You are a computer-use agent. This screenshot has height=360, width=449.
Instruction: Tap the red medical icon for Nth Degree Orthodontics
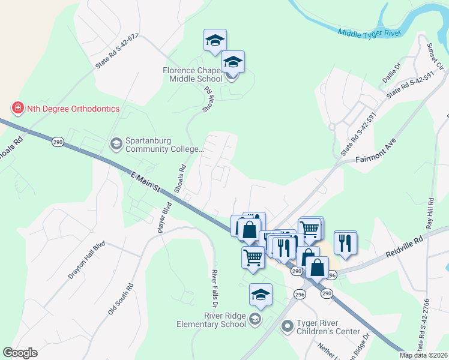tap(17, 109)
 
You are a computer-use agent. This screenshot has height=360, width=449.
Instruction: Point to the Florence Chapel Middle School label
tap(193, 74)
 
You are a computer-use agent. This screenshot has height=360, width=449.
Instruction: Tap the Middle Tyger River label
tap(369, 32)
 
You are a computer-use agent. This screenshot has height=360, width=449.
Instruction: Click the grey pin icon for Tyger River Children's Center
tap(288, 326)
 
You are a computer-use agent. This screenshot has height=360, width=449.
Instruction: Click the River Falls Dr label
tap(214, 286)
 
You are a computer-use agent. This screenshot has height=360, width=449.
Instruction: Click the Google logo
tap(20, 353)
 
